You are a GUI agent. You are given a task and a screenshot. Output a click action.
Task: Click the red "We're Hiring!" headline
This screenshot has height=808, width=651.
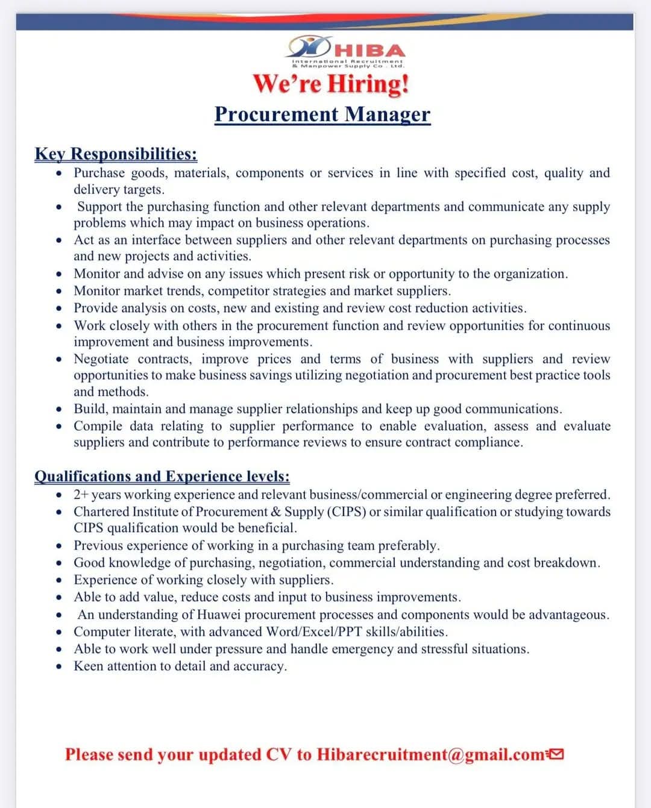tap(331, 83)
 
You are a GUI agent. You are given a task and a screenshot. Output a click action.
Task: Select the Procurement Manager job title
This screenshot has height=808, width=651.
tap(322, 114)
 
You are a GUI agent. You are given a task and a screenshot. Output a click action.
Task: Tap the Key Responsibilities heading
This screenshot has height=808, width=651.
tap(116, 154)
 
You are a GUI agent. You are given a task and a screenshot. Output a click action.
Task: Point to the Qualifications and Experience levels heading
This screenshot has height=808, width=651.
tap(162, 476)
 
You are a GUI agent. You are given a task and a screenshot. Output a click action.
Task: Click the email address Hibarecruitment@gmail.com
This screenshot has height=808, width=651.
tap(430, 754)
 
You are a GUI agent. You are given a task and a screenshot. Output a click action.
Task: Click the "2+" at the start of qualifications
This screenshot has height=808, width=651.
tap(81, 495)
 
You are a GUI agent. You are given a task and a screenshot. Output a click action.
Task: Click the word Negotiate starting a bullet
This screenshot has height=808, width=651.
tap(101, 359)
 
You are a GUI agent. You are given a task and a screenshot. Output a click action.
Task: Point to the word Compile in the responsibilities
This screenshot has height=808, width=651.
tap(97, 426)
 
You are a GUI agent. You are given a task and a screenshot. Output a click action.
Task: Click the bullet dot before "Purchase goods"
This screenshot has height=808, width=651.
tap(59, 174)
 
